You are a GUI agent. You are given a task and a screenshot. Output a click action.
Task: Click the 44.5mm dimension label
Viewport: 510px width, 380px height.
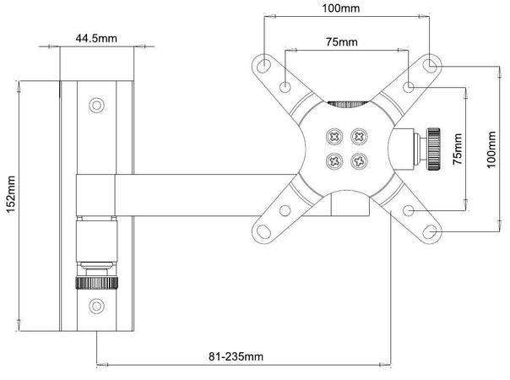click(x=96, y=38)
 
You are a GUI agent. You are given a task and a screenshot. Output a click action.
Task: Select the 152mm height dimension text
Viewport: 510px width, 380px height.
click(x=11, y=194)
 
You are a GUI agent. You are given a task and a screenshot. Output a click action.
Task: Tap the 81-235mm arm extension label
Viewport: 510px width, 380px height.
click(x=236, y=356)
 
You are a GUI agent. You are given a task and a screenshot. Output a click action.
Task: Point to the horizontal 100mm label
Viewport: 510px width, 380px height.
click(x=341, y=8)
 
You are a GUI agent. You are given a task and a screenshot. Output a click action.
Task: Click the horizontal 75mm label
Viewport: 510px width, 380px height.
click(x=341, y=42)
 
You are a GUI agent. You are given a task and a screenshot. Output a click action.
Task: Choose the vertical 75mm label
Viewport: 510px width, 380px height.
click(x=458, y=149)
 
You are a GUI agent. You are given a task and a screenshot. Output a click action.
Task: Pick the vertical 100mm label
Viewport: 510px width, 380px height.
click(x=491, y=149)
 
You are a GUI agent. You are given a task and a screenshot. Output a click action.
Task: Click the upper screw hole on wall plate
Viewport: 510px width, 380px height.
click(x=96, y=105)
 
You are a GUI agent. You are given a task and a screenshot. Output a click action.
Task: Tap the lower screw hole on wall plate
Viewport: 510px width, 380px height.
click(x=96, y=307)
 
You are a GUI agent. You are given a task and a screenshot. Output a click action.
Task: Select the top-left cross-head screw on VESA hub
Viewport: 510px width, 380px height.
click(x=334, y=136)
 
